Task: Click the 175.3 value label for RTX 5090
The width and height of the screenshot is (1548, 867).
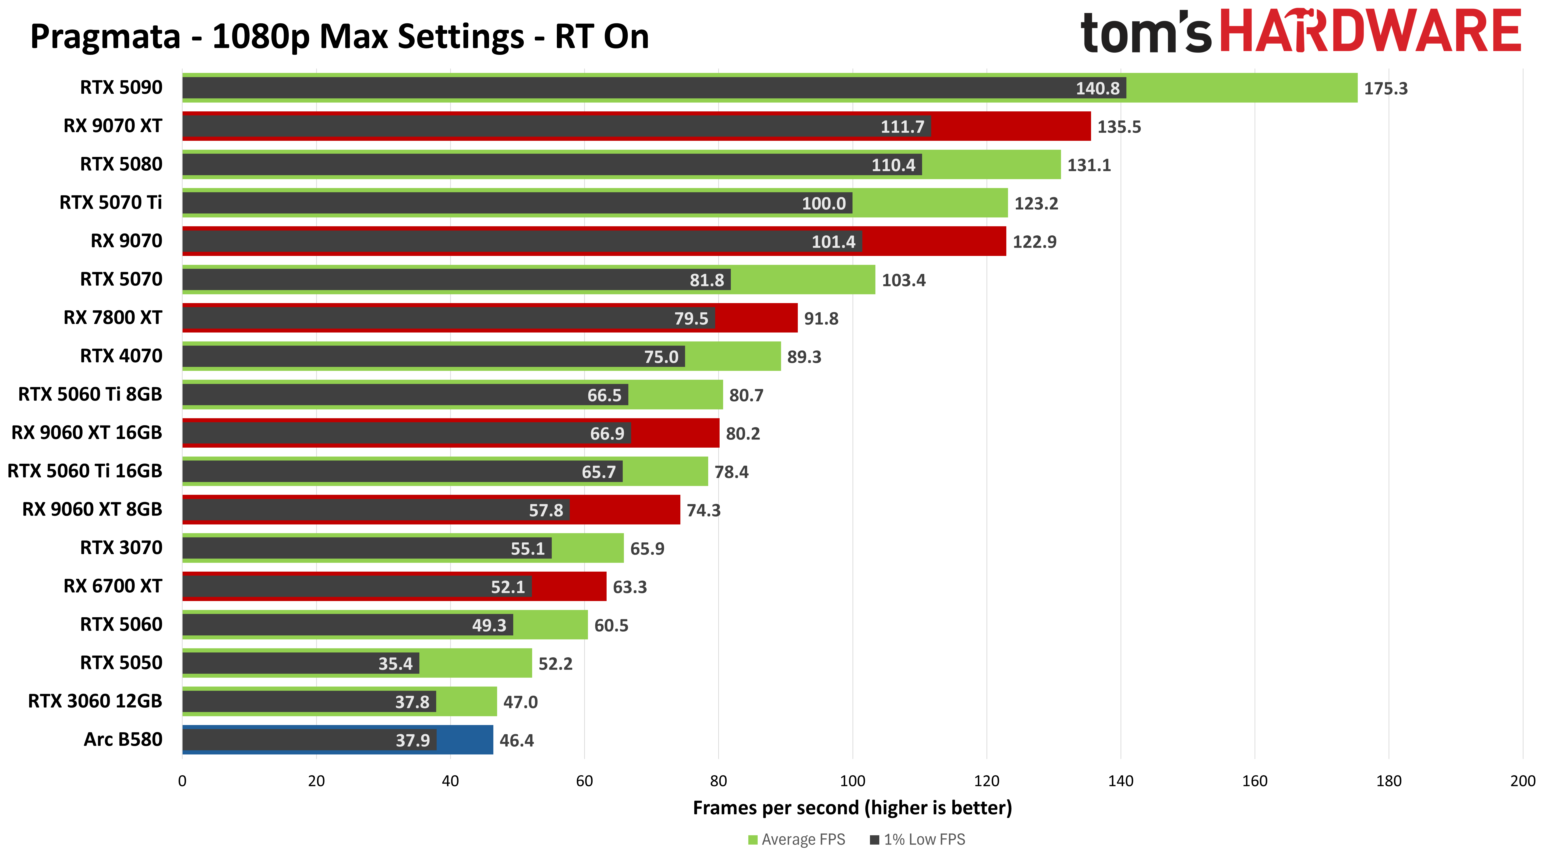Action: coord(1385,88)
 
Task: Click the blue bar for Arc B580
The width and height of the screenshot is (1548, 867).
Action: coord(464,740)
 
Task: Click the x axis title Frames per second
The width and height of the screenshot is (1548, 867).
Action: coord(852,807)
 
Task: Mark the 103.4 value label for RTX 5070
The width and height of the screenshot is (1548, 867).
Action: coord(903,280)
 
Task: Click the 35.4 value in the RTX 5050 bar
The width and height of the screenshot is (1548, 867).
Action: coord(395,663)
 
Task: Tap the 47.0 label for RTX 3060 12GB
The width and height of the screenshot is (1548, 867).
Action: coord(520,702)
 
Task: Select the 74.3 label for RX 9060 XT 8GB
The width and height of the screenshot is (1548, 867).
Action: coord(703,510)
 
